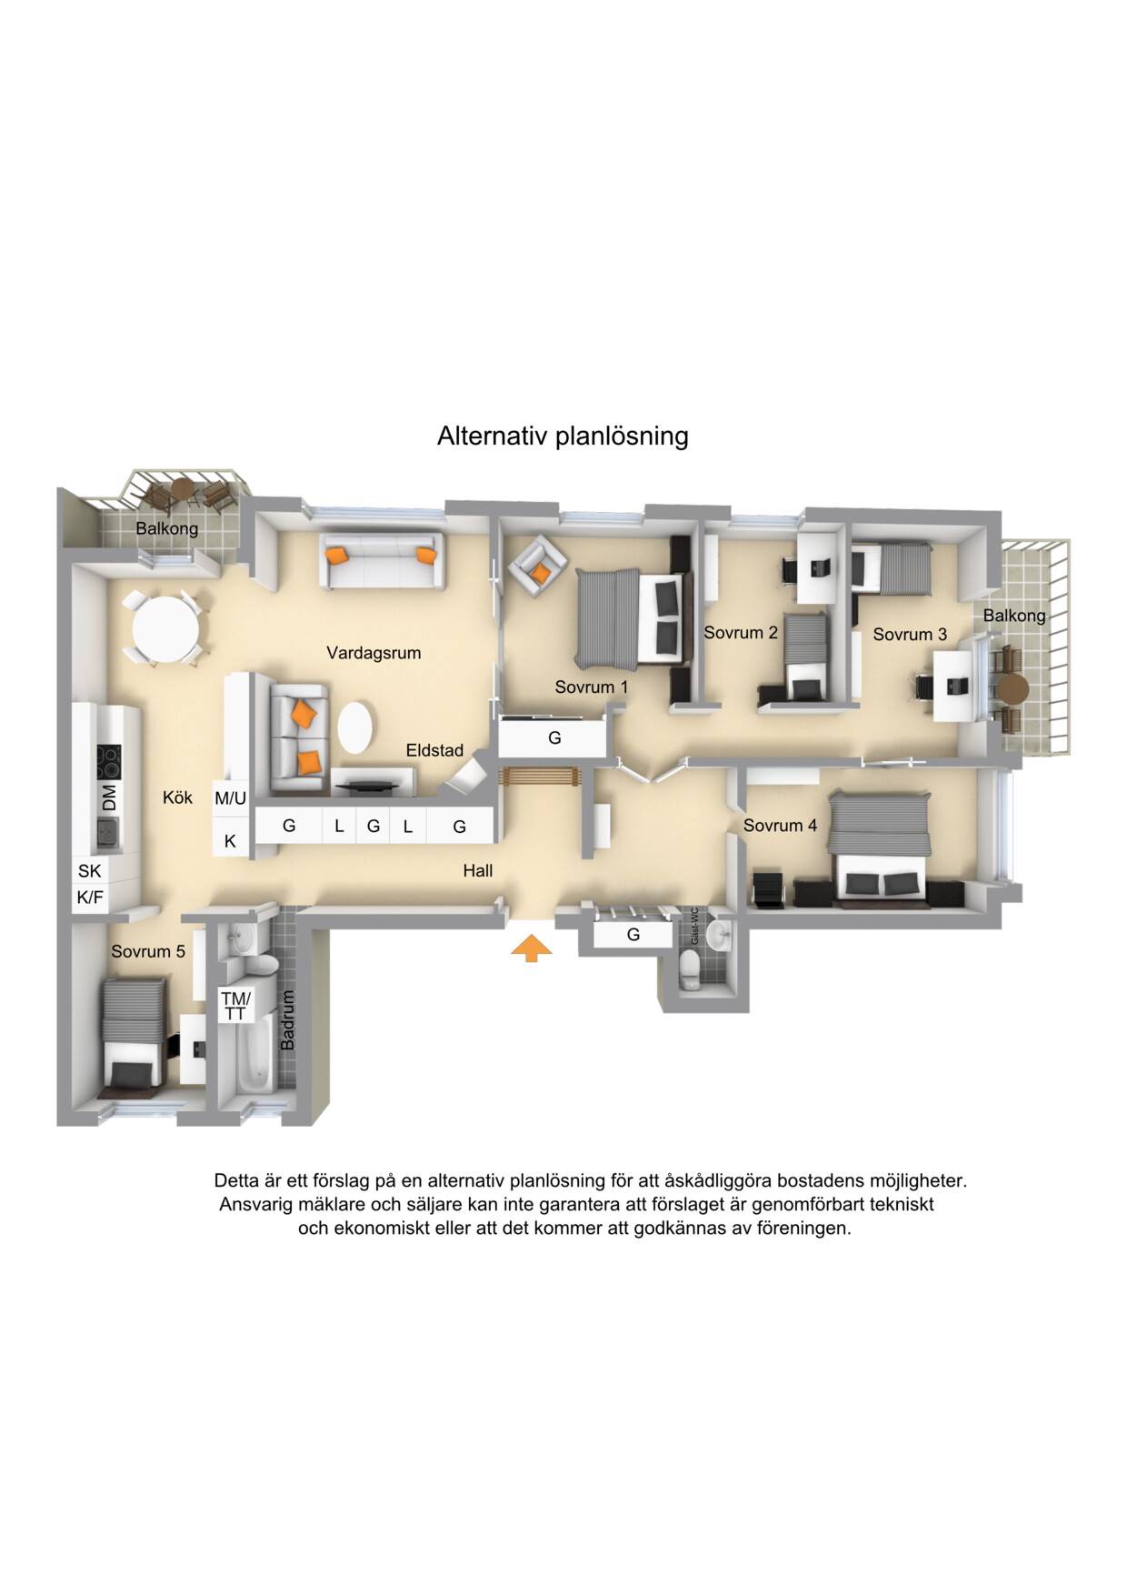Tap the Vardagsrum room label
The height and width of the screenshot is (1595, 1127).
[374, 653]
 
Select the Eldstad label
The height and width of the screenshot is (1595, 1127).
[434, 750]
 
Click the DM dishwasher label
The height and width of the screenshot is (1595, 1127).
[110, 797]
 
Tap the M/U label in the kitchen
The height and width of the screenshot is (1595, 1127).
[230, 798]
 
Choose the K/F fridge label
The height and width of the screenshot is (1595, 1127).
[90, 898]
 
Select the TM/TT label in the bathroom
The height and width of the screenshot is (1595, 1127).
[235, 1006]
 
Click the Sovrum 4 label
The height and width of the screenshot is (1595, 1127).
[780, 825]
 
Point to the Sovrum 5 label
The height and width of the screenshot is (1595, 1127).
[148, 951]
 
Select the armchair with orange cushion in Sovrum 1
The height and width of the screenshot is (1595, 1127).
[536, 566]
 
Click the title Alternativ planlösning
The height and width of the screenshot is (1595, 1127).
[563, 436]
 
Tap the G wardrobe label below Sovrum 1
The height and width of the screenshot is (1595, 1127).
[554, 738]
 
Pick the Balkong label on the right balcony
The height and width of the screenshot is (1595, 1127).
[1014, 616]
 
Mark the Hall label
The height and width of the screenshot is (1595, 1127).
[478, 870]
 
